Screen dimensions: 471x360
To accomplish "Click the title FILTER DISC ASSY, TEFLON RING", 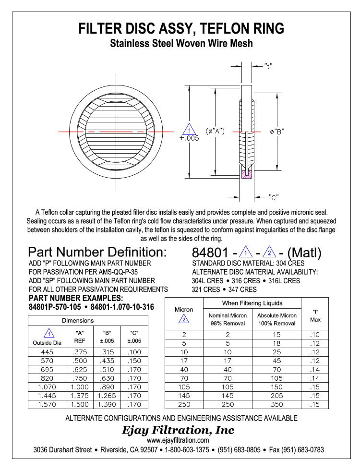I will (x=181, y=28).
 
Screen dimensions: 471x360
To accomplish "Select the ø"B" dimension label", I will (x=277, y=132).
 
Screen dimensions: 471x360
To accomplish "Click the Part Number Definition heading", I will (x=97, y=252).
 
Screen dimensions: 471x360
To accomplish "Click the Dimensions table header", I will (x=78, y=320).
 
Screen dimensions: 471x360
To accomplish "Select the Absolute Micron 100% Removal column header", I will (x=277, y=319).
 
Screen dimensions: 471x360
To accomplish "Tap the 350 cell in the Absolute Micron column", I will (x=277, y=404).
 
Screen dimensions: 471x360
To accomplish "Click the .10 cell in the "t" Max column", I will (x=315, y=335).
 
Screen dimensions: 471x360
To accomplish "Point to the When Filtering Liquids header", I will (x=252, y=303).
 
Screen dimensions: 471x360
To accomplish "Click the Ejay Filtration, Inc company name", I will (x=179, y=430).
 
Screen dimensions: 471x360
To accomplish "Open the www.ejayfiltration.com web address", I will (x=178, y=440).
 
